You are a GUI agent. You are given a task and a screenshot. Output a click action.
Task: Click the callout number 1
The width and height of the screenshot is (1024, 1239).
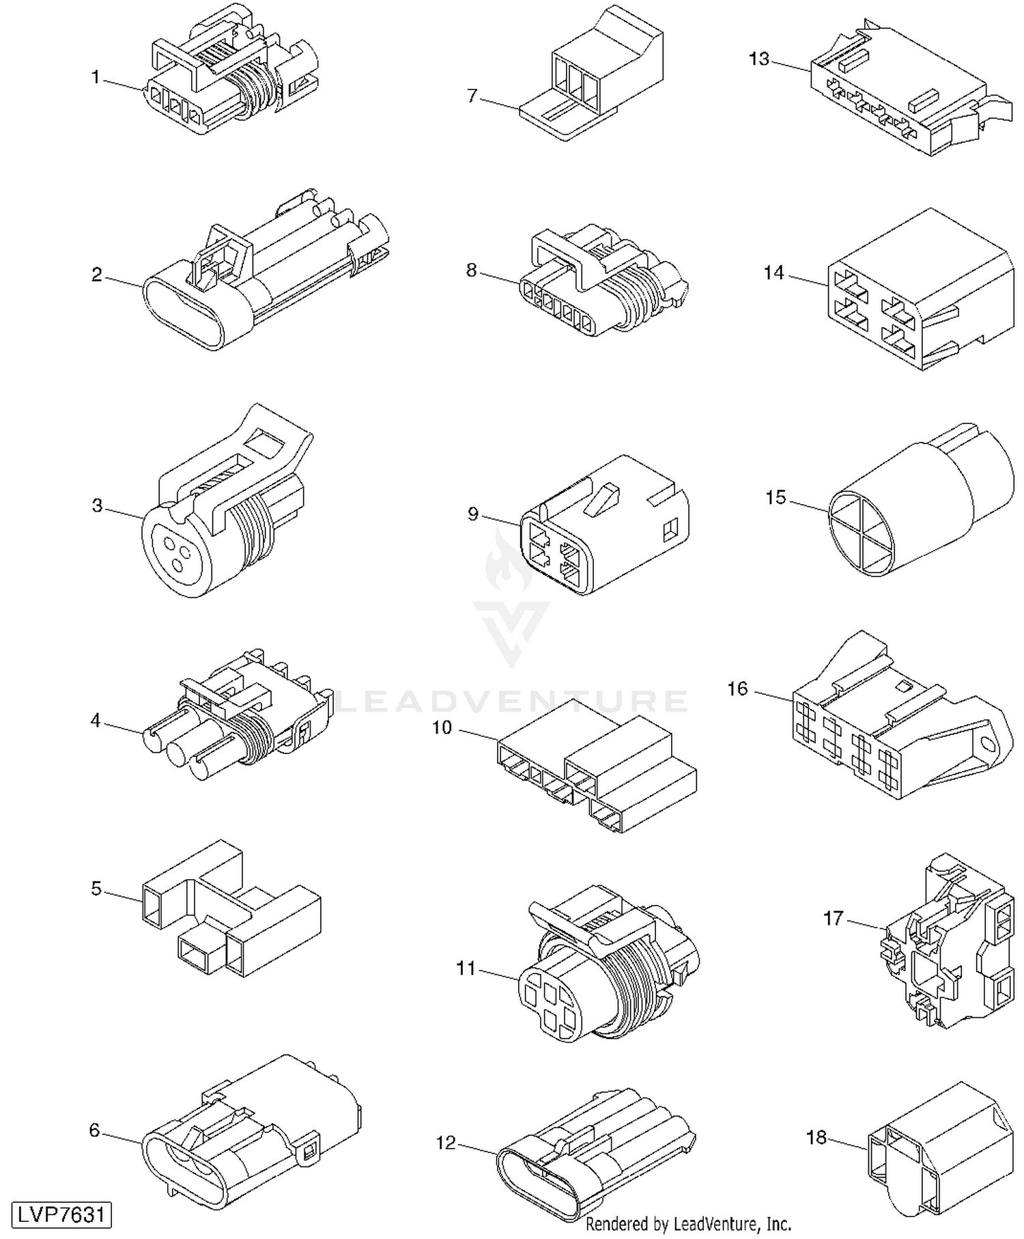tap(96, 78)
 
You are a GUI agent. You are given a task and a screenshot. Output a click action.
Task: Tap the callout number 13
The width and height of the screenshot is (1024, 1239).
tap(759, 59)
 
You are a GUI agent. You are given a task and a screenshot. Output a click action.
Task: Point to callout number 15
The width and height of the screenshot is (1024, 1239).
tap(776, 497)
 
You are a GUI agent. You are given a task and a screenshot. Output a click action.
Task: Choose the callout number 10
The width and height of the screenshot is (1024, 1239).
tap(442, 728)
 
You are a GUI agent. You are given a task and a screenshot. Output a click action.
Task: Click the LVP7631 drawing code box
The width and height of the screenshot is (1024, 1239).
tap(61, 1215)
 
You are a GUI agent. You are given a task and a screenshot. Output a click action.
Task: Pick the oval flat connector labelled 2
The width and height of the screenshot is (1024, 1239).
tap(266, 268)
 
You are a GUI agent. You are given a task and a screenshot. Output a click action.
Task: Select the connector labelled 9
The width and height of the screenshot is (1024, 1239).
tap(605, 525)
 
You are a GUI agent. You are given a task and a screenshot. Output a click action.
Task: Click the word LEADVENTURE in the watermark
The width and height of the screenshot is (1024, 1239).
tap(512, 701)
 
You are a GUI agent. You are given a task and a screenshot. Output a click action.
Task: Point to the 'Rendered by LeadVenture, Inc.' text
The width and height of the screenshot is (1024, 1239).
tap(689, 1223)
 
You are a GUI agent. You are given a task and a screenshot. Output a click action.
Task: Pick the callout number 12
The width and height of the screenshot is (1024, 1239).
tap(446, 1142)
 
